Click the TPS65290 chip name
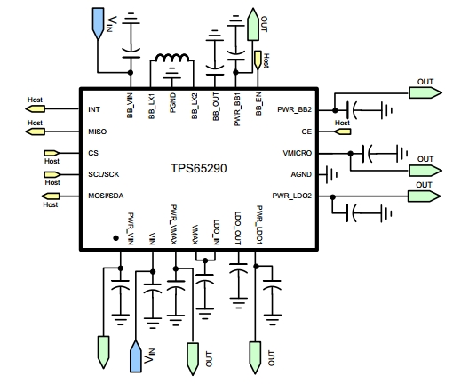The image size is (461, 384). coord(199,168)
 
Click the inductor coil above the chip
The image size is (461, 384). coord(172,57)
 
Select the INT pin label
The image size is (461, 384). coord(94,109)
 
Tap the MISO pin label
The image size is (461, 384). coord(98,132)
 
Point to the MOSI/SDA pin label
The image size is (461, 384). coord(106,196)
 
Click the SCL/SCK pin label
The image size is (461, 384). coord(104,174)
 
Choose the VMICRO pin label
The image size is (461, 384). coord(298,153)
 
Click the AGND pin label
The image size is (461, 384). coord(301,174)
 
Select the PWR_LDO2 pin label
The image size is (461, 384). coord(292,196)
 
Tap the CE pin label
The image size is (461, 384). coord(306,132)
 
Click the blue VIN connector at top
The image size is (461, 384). coord(99,23)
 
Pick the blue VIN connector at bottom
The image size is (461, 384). coord(136,356)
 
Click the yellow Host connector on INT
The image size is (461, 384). coord(36,109)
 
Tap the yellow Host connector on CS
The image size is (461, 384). coord(52,153)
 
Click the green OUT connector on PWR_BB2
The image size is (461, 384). coord(425,92)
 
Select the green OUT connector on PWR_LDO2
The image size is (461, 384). coord(425,196)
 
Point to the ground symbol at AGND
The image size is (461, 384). coord(331,174)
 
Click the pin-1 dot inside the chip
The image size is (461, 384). coord(116,238)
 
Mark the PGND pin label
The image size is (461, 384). coord(173,103)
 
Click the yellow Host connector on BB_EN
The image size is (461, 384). coord(258,60)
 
